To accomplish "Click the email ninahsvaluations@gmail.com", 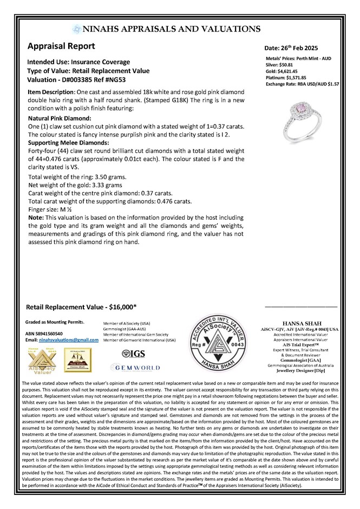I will pyautogui.click(x=68, y=339).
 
